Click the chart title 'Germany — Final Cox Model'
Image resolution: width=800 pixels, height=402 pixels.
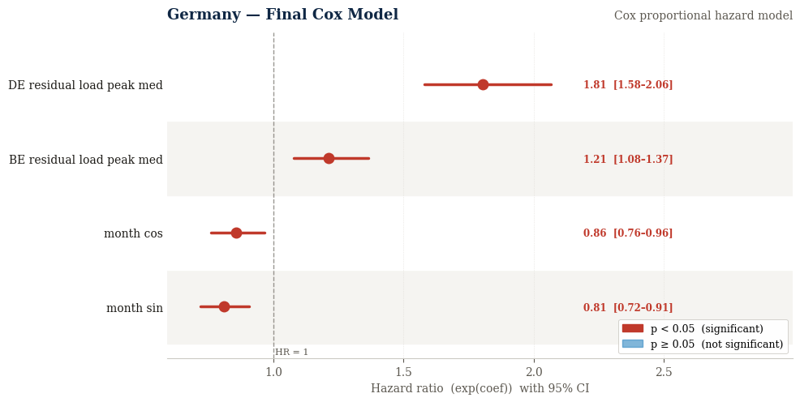pos(282,15)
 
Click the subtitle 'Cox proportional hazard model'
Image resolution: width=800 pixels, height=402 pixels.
pos(703,15)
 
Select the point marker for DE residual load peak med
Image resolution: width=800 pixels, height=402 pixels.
pos(483,84)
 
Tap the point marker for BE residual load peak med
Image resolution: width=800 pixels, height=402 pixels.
pos(329,158)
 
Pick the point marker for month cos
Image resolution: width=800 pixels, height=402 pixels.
pos(236,233)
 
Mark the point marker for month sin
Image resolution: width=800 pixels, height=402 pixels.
pos(224,306)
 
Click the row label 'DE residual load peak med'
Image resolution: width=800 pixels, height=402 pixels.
pos(85,85)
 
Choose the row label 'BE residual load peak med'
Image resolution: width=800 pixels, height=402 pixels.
pos(86,160)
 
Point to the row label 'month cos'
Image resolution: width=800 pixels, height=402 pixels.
pos(133,233)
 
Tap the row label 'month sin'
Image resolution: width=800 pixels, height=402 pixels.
pos(135,308)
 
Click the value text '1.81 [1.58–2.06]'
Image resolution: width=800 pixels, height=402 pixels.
pos(628,85)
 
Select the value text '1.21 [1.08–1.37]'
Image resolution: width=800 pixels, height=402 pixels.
pos(628,160)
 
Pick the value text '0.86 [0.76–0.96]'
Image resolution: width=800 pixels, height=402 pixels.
pos(628,233)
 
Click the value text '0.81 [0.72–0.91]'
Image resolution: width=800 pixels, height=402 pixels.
pos(628,308)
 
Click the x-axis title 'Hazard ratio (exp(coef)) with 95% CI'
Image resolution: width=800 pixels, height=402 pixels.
pos(480,388)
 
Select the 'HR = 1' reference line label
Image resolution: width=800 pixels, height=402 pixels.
pos(291,352)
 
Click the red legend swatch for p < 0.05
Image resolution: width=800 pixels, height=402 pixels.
pos(632,328)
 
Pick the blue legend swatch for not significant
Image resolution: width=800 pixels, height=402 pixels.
pos(632,344)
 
